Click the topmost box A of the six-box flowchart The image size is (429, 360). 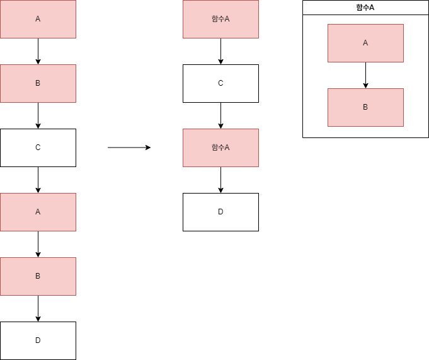[38, 19]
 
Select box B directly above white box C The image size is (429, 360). [38, 83]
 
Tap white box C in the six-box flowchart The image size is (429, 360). [38, 148]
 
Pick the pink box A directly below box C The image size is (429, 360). [38, 212]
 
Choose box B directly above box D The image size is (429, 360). [38, 276]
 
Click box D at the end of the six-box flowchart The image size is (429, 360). [38, 340]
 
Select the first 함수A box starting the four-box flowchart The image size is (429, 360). [220, 19]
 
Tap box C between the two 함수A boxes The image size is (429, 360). [220, 83]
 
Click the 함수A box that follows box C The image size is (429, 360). [220, 148]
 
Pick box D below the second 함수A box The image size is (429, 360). [220, 212]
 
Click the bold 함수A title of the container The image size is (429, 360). [365, 8]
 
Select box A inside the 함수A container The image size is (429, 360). [365, 43]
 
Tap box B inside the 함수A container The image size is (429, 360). [365, 107]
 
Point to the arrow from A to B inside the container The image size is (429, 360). [365, 75]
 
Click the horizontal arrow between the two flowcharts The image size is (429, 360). [129, 148]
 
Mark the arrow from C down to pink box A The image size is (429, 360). [38, 180]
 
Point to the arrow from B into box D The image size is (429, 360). [38, 308]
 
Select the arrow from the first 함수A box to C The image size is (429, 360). [220, 51]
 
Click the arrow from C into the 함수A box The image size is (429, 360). [220, 115]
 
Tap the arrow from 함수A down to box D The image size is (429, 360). [220, 180]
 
